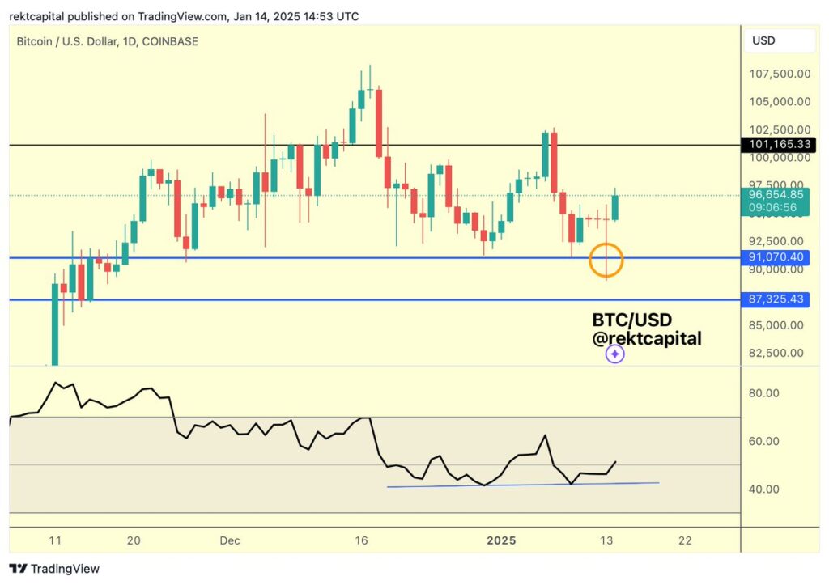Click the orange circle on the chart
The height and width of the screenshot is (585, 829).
pyautogui.click(x=606, y=261)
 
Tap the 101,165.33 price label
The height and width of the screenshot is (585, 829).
pyautogui.click(x=780, y=145)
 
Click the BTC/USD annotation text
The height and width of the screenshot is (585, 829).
pyautogui.click(x=631, y=320)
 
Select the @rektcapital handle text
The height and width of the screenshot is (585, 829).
pyautogui.click(x=647, y=338)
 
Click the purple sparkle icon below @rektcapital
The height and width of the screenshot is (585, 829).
pyautogui.click(x=614, y=354)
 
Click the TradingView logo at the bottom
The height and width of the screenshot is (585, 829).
pyautogui.click(x=54, y=569)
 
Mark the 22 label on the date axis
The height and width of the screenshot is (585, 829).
pyautogui.click(x=685, y=540)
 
